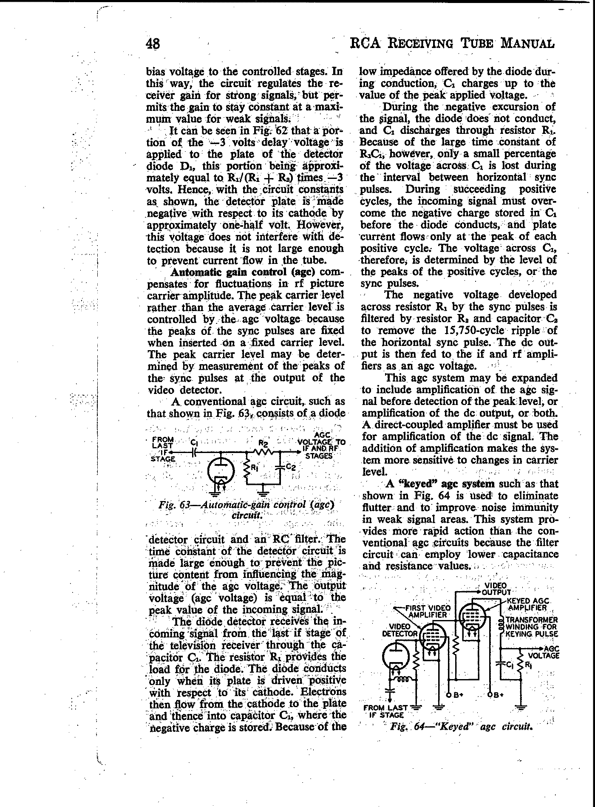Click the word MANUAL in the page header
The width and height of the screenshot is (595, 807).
pyautogui.click(x=528, y=43)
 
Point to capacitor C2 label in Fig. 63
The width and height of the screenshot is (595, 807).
pyautogui.click(x=291, y=467)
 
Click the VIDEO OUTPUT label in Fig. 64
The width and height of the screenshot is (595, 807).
pyautogui.click(x=496, y=589)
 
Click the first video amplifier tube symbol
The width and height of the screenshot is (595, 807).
pyautogui.click(x=432, y=637)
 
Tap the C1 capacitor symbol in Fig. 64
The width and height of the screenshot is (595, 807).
pyautogui.click(x=502, y=663)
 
